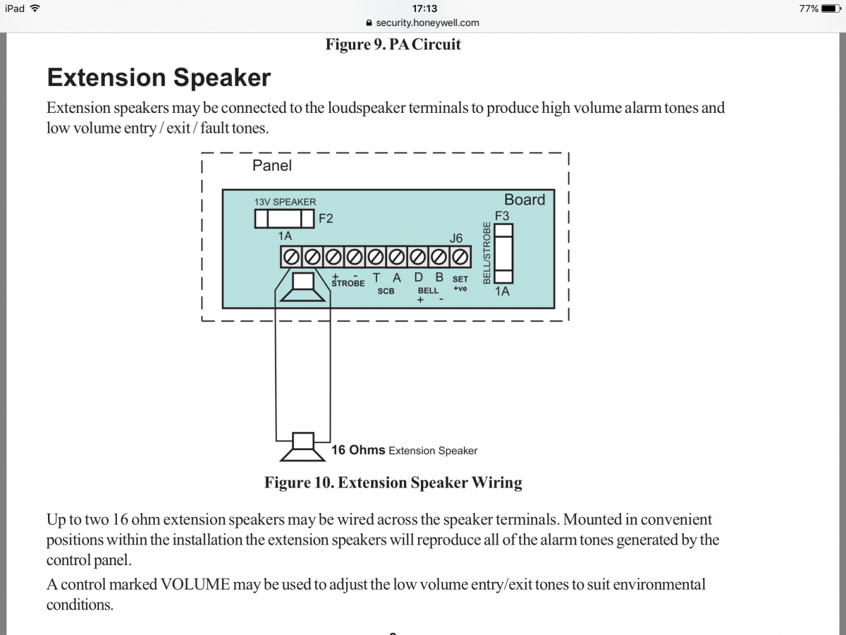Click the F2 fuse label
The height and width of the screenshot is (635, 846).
pos(326,219)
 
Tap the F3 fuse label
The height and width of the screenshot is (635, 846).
pos(502,215)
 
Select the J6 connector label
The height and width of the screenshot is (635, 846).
pos(456,238)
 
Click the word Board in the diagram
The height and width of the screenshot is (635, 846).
pos(525,200)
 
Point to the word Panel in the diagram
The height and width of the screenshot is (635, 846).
pos(271,165)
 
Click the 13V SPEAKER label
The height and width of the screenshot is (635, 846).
pos(285,202)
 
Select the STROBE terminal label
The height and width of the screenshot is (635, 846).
pos(348,283)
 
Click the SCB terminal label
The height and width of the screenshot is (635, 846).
pos(386,291)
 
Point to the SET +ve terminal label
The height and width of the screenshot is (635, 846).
pos(460,284)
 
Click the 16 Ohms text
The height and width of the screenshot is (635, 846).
pos(357,450)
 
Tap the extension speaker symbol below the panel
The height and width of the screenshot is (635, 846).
pos(303,446)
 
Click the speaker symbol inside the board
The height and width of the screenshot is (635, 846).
pos(303,288)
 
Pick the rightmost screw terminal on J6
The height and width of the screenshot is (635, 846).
pos(460,255)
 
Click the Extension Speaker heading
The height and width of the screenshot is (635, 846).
pos(159,77)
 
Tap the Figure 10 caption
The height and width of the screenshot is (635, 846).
pos(393,483)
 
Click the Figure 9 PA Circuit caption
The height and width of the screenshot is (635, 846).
pos(393,44)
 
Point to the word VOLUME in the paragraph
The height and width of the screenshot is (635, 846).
pos(195,584)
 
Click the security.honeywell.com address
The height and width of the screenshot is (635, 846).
pos(427,23)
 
